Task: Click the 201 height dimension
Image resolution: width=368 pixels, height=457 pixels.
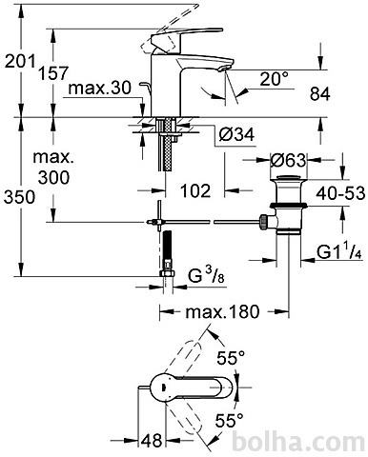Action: (20, 61)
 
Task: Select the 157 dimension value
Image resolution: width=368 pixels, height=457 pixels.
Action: (53, 73)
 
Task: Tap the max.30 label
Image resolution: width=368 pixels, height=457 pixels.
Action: (99, 88)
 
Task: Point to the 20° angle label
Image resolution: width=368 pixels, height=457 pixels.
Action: (274, 79)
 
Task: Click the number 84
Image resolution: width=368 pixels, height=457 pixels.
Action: (320, 94)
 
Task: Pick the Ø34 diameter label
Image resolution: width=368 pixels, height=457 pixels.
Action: (236, 135)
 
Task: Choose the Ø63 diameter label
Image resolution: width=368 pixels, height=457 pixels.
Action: (288, 160)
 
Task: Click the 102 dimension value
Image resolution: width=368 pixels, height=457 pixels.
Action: (195, 190)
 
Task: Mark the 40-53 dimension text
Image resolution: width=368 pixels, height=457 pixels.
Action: (340, 192)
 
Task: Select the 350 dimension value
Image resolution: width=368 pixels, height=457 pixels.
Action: (19, 197)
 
